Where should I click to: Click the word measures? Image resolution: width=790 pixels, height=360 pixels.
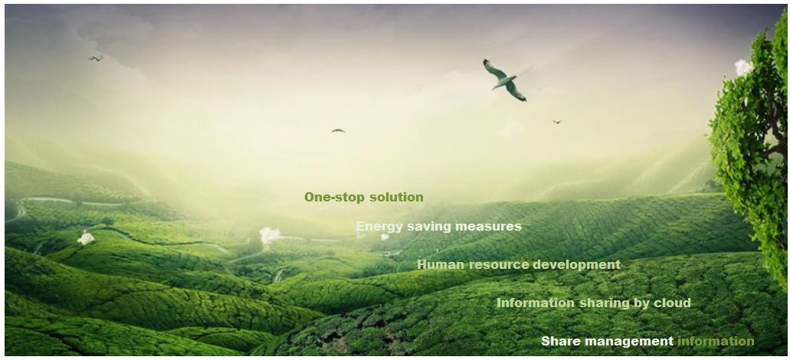(x=488, y=227)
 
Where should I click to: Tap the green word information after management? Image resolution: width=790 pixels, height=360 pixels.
(x=716, y=341)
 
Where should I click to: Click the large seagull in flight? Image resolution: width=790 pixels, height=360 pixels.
(x=504, y=80)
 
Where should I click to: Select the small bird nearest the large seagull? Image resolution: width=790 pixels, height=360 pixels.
(x=557, y=121)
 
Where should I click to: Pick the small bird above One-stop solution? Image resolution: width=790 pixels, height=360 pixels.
(x=339, y=131)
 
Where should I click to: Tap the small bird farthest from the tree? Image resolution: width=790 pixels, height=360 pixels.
(x=96, y=58)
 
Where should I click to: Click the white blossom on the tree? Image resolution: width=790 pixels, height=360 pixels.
(x=742, y=67)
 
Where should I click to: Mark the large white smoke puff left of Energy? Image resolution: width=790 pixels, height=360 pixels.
(x=269, y=235)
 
